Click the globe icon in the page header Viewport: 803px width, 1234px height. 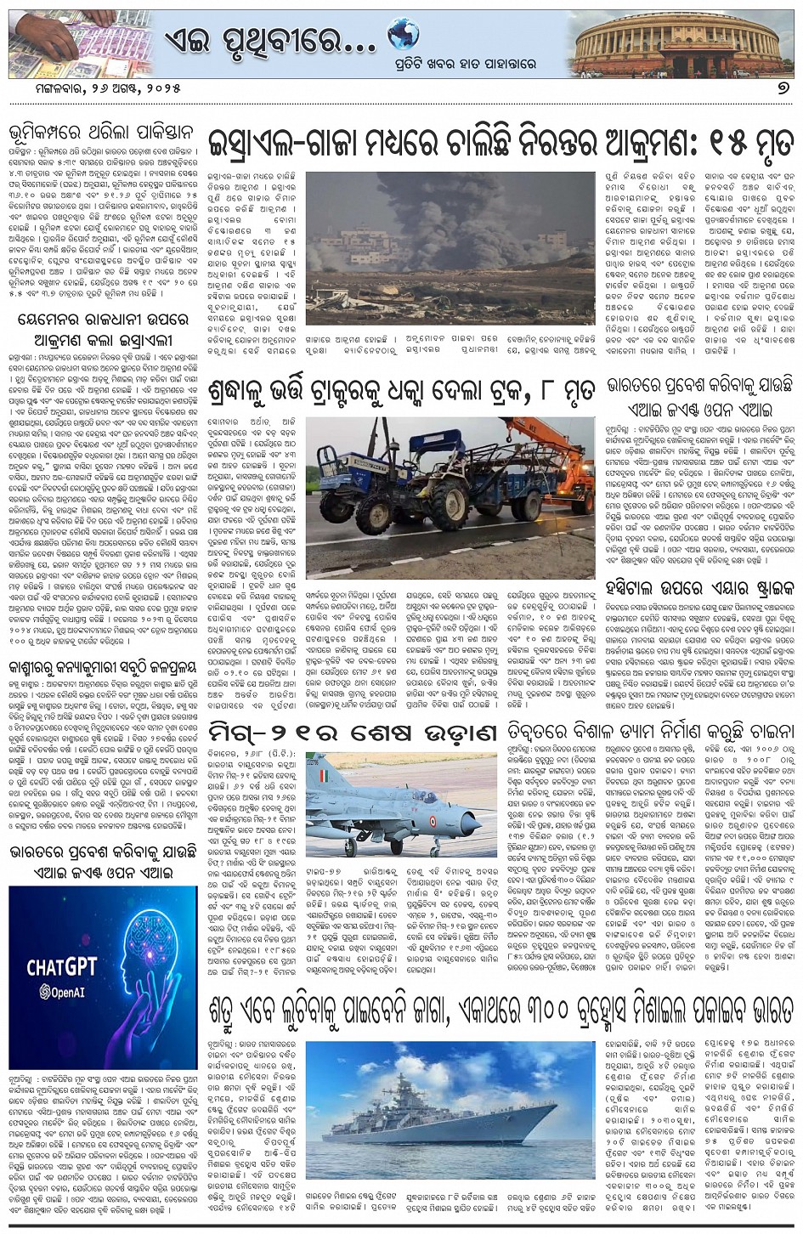point(403,34)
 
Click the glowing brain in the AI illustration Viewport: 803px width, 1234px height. point(144,952)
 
